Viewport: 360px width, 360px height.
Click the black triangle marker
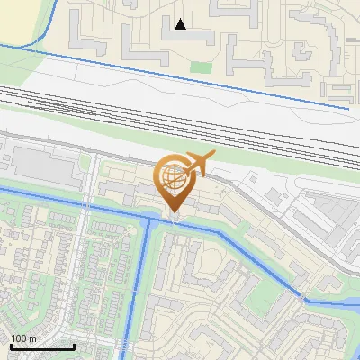[181, 24]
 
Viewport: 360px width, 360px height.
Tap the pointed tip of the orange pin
[173, 215]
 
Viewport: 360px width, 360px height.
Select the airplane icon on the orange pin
[198, 163]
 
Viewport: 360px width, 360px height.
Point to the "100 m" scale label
[24, 337]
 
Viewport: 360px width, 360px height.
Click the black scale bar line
[42, 346]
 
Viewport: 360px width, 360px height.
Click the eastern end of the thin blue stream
[347, 109]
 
